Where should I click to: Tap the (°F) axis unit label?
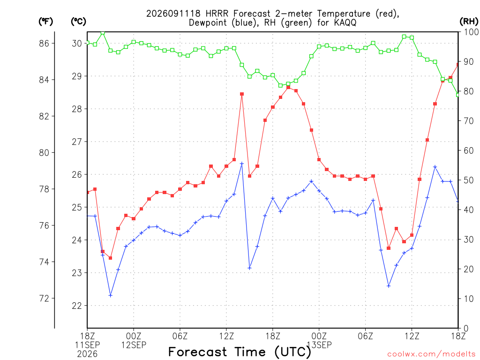click(45, 22)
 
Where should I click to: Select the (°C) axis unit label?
click(78, 22)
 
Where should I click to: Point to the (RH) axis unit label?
click(469, 22)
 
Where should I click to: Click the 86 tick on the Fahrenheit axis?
click(44, 44)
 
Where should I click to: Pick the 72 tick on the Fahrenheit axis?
click(44, 298)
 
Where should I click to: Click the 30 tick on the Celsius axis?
click(77, 44)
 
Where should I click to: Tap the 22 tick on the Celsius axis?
click(77, 306)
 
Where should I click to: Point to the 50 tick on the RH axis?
click(469, 180)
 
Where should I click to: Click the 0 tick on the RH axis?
click(466, 328)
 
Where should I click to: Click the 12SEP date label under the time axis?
click(134, 345)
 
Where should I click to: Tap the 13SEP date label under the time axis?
click(319, 345)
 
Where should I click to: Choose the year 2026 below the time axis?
click(87, 354)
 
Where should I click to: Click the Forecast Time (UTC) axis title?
click(240, 352)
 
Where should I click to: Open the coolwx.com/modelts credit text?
click(431, 354)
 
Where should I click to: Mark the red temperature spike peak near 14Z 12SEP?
click(242, 94)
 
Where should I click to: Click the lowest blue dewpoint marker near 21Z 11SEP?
click(111, 295)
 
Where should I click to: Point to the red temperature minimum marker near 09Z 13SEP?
click(389, 248)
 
